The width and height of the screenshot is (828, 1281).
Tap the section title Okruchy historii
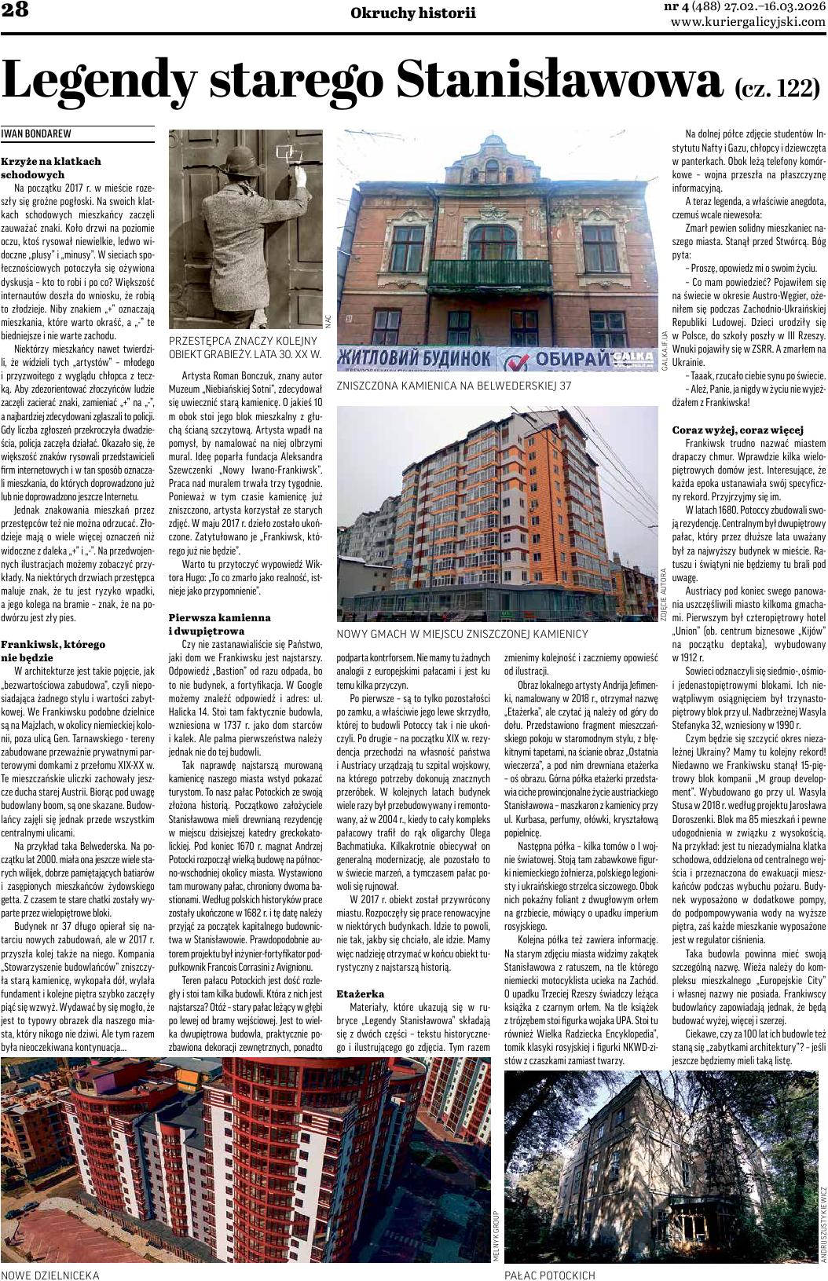click(413, 13)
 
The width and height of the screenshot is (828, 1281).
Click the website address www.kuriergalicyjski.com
click(748, 23)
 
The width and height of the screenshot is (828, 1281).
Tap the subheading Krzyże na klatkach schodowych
click(51, 167)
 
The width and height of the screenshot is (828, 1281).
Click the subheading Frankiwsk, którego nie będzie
click(53, 650)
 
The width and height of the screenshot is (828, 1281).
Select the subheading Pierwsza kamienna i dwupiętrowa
click(220, 624)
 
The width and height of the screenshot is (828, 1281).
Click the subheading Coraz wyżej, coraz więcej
click(738, 430)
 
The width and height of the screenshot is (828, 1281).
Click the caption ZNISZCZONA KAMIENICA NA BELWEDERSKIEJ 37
click(453, 386)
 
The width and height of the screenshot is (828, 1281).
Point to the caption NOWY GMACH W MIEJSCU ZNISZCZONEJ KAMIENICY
click(462, 633)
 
